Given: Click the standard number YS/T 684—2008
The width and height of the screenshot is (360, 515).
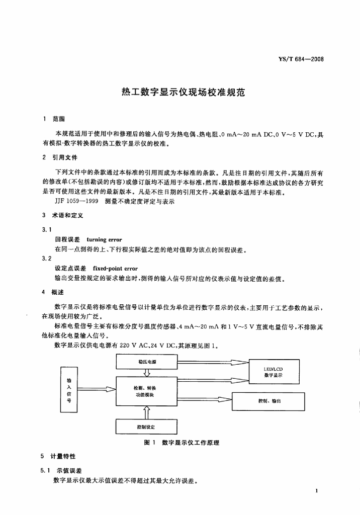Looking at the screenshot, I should coord(301,59).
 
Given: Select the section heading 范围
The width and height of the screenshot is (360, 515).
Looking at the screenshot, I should coord(58,119).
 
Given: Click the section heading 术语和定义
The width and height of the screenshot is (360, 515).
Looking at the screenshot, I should coord(68,215).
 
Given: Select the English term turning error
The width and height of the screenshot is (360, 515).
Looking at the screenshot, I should coord(104,240).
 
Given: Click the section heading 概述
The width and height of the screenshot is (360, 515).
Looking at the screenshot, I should coord(58,292).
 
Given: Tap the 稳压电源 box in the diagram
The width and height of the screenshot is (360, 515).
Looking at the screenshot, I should coord(147,361).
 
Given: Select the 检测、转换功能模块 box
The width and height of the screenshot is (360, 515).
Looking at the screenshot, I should coord(147,391).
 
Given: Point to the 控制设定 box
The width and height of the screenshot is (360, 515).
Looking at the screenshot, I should coord(147,426).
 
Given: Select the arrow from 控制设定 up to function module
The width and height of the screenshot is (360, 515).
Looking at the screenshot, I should coord(147,413).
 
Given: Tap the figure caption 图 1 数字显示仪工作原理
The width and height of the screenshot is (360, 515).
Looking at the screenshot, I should coord(182,443).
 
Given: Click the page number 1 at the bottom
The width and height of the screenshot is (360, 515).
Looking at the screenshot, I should coord(316,490).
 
